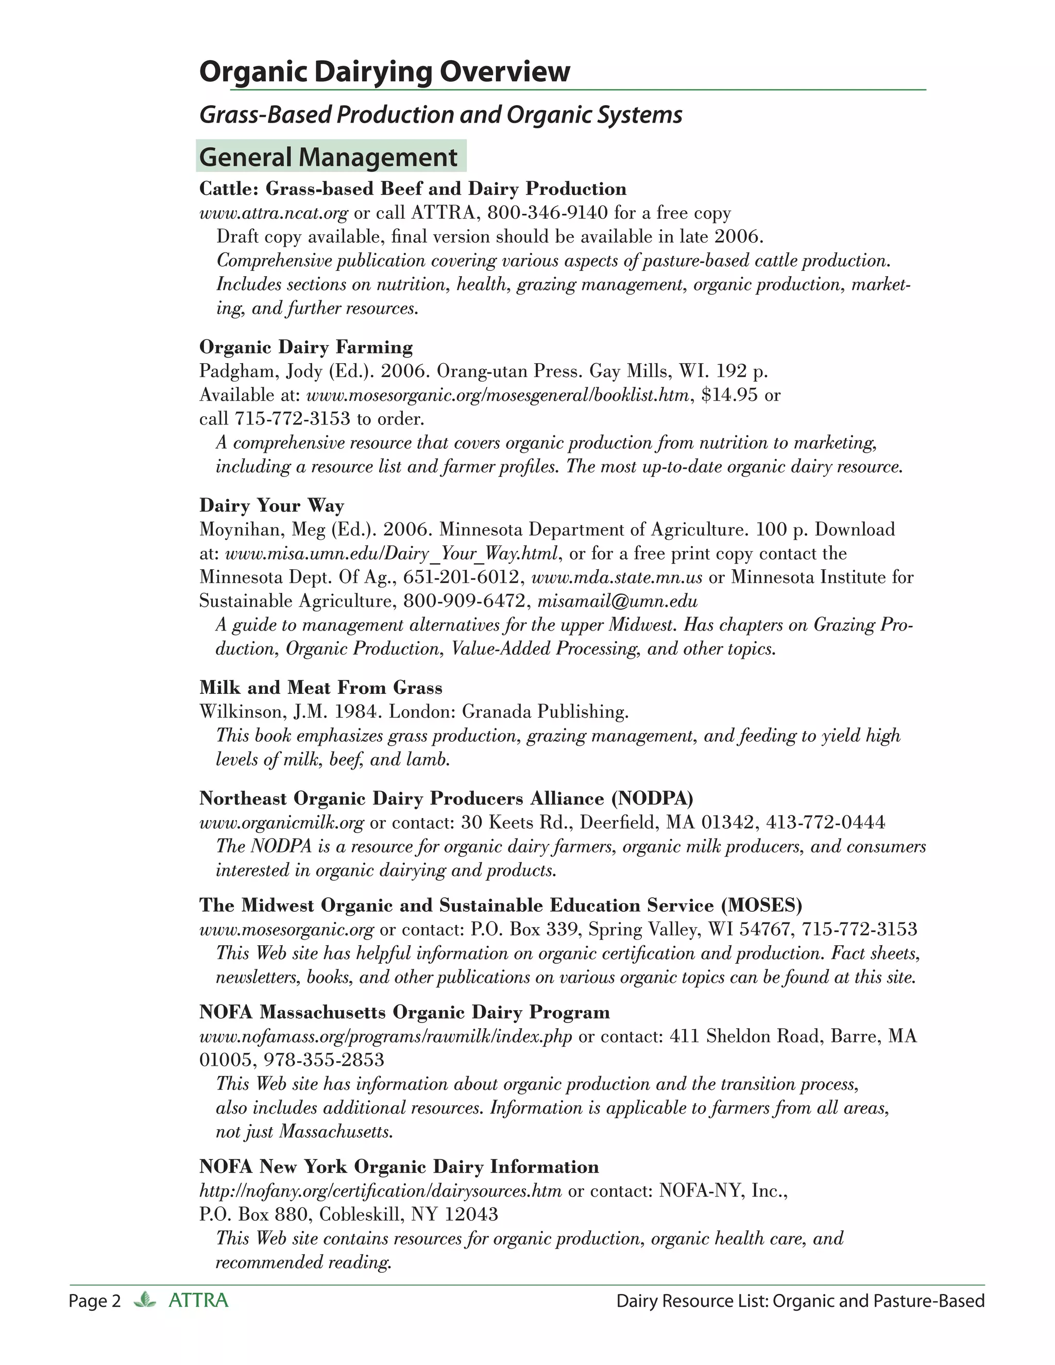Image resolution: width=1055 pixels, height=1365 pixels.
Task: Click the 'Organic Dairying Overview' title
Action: tap(384, 72)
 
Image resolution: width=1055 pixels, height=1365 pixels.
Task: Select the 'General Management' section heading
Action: tap(329, 157)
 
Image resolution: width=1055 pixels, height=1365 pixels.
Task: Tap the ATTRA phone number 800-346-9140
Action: tap(548, 213)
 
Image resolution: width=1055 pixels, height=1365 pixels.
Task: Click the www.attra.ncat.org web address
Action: tap(273, 213)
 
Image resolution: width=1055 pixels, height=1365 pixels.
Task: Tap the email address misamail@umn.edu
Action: tap(618, 601)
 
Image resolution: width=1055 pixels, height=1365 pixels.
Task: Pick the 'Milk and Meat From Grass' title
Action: tap(320, 688)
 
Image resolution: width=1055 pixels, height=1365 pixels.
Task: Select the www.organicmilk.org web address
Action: tap(281, 823)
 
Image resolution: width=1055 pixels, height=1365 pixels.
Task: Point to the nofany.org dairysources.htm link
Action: tap(381, 1190)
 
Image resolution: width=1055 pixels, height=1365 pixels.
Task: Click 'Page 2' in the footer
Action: tap(94, 1301)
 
